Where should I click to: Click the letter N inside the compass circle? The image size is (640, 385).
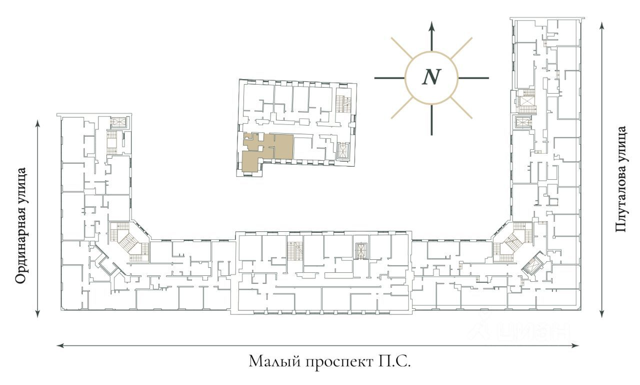(x=431, y=77)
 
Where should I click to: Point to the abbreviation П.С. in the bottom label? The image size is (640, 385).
(x=393, y=361)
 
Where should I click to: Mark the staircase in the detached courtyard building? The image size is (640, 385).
(x=343, y=103)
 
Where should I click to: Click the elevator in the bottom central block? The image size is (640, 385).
(x=361, y=251)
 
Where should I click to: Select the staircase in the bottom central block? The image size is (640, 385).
(x=295, y=251)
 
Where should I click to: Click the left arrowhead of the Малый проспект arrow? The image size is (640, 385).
(x=60, y=345)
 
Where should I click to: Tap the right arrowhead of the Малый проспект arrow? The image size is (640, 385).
(x=575, y=345)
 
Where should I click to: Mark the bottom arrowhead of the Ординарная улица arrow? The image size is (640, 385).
(x=37, y=313)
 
